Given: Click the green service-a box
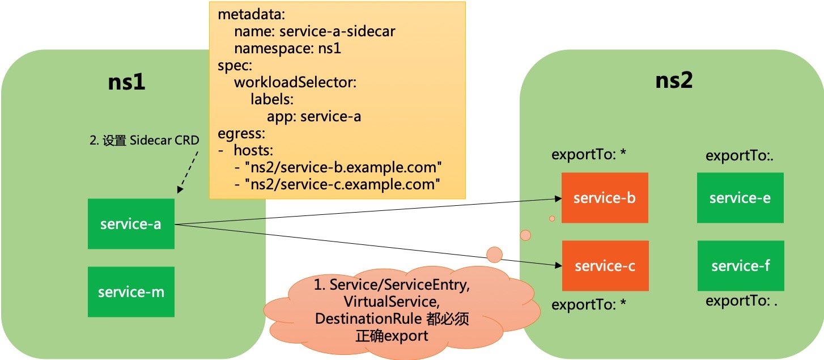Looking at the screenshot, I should click(x=131, y=224).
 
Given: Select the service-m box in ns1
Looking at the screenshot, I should click(x=131, y=292).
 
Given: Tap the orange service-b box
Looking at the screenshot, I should click(x=604, y=198).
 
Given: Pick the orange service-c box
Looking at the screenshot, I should click(x=604, y=266).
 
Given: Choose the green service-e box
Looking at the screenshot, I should click(x=740, y=198).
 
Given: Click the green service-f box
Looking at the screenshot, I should click(x=740, y=266).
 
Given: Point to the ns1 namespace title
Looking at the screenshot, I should click(x=126, y=82).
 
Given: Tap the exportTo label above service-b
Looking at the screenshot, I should click(x=589, y=154).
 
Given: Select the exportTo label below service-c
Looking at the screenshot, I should click(x=589, y=304).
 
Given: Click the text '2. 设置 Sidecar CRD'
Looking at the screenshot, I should click(x=145, y=141).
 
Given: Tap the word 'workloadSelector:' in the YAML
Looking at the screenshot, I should click(x=295, y=83).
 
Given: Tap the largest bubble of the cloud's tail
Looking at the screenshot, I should click(x=495, y=255).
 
